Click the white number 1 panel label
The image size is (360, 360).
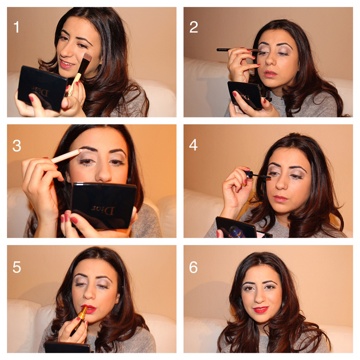click(x=17, y=27)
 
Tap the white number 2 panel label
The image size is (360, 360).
click(x=194, y=27)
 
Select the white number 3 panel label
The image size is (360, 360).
click(x=17, y=145)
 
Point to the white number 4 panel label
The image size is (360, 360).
click(x=193, y=145)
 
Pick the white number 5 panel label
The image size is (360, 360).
click(x=17, y=267)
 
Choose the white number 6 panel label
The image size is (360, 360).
click(x=193, y=267)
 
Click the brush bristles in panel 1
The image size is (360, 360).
click(x=86, y=57)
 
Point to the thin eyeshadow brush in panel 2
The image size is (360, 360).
click(x=239, y=50)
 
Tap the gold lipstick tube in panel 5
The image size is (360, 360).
click(x=79, y=321)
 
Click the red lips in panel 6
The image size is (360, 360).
click(x=261, y=309)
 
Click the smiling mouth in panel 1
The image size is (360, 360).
click(x=66, y=64)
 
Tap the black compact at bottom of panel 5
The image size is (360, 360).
click(x=67, y=347)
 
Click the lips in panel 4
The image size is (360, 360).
click(x=280, y=198)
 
